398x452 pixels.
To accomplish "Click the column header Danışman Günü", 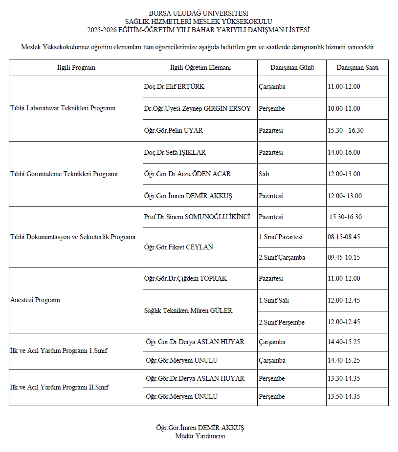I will point(292,68).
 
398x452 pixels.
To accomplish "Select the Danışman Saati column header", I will point(357,68).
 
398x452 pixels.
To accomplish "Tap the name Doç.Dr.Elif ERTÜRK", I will point(174,87).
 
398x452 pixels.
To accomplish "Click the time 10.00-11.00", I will point(344,109).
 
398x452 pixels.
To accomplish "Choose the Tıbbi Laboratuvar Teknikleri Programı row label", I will point(63,109).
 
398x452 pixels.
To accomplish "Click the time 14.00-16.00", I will point(344,153).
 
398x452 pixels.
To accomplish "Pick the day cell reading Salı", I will point(264,174).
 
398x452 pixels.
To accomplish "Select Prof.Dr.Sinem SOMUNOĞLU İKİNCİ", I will point(197,217).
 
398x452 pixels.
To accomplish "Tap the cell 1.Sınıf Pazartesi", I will point(281,237).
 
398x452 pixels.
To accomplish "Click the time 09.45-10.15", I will point(344,258).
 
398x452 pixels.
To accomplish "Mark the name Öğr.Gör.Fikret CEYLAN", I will point(179,247).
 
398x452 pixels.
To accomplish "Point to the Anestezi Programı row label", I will point(35,300).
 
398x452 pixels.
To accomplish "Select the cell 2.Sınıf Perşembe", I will point(282,322).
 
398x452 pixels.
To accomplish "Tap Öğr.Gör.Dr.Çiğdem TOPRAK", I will point(185,279).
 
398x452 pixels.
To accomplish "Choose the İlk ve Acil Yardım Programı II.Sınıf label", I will point(59,388).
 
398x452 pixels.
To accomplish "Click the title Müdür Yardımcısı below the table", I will point(200,436).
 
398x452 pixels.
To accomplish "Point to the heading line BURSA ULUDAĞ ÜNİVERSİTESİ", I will point(199,13).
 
